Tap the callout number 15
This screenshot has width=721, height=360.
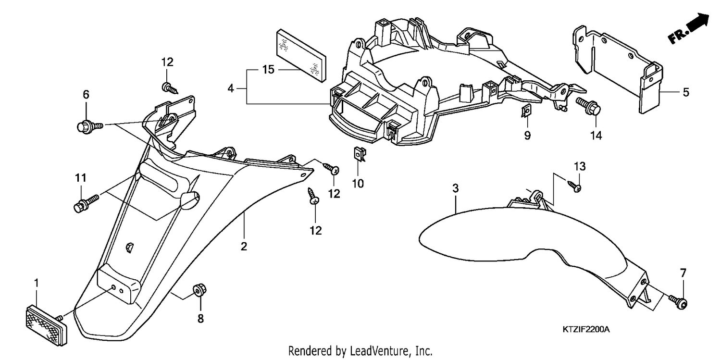point(268,70)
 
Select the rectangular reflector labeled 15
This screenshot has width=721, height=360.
point(301,56)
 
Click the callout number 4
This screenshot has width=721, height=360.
point(230,88)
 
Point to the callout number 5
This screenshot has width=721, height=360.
point(686,92)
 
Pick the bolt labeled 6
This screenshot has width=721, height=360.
point(89,126)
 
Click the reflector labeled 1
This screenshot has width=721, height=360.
point(47,324)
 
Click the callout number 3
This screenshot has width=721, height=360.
point(455,188)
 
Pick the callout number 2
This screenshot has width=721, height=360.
point(244,247)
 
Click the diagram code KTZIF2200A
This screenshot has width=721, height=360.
point(586,329)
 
